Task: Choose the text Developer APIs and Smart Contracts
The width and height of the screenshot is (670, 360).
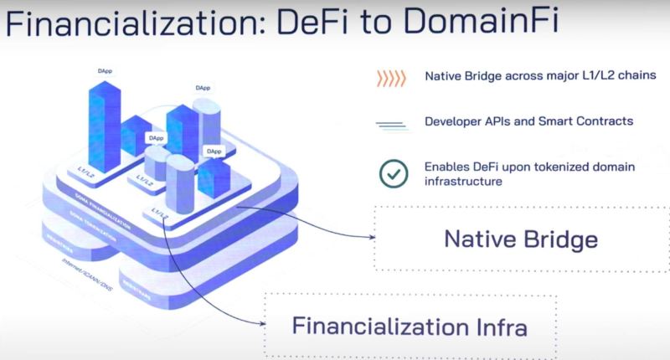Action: click(x=528, y=121)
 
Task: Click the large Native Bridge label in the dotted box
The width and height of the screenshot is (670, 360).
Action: click(x=521, y=239)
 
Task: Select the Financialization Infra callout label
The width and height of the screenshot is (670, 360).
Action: click(x=409, y=326)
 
